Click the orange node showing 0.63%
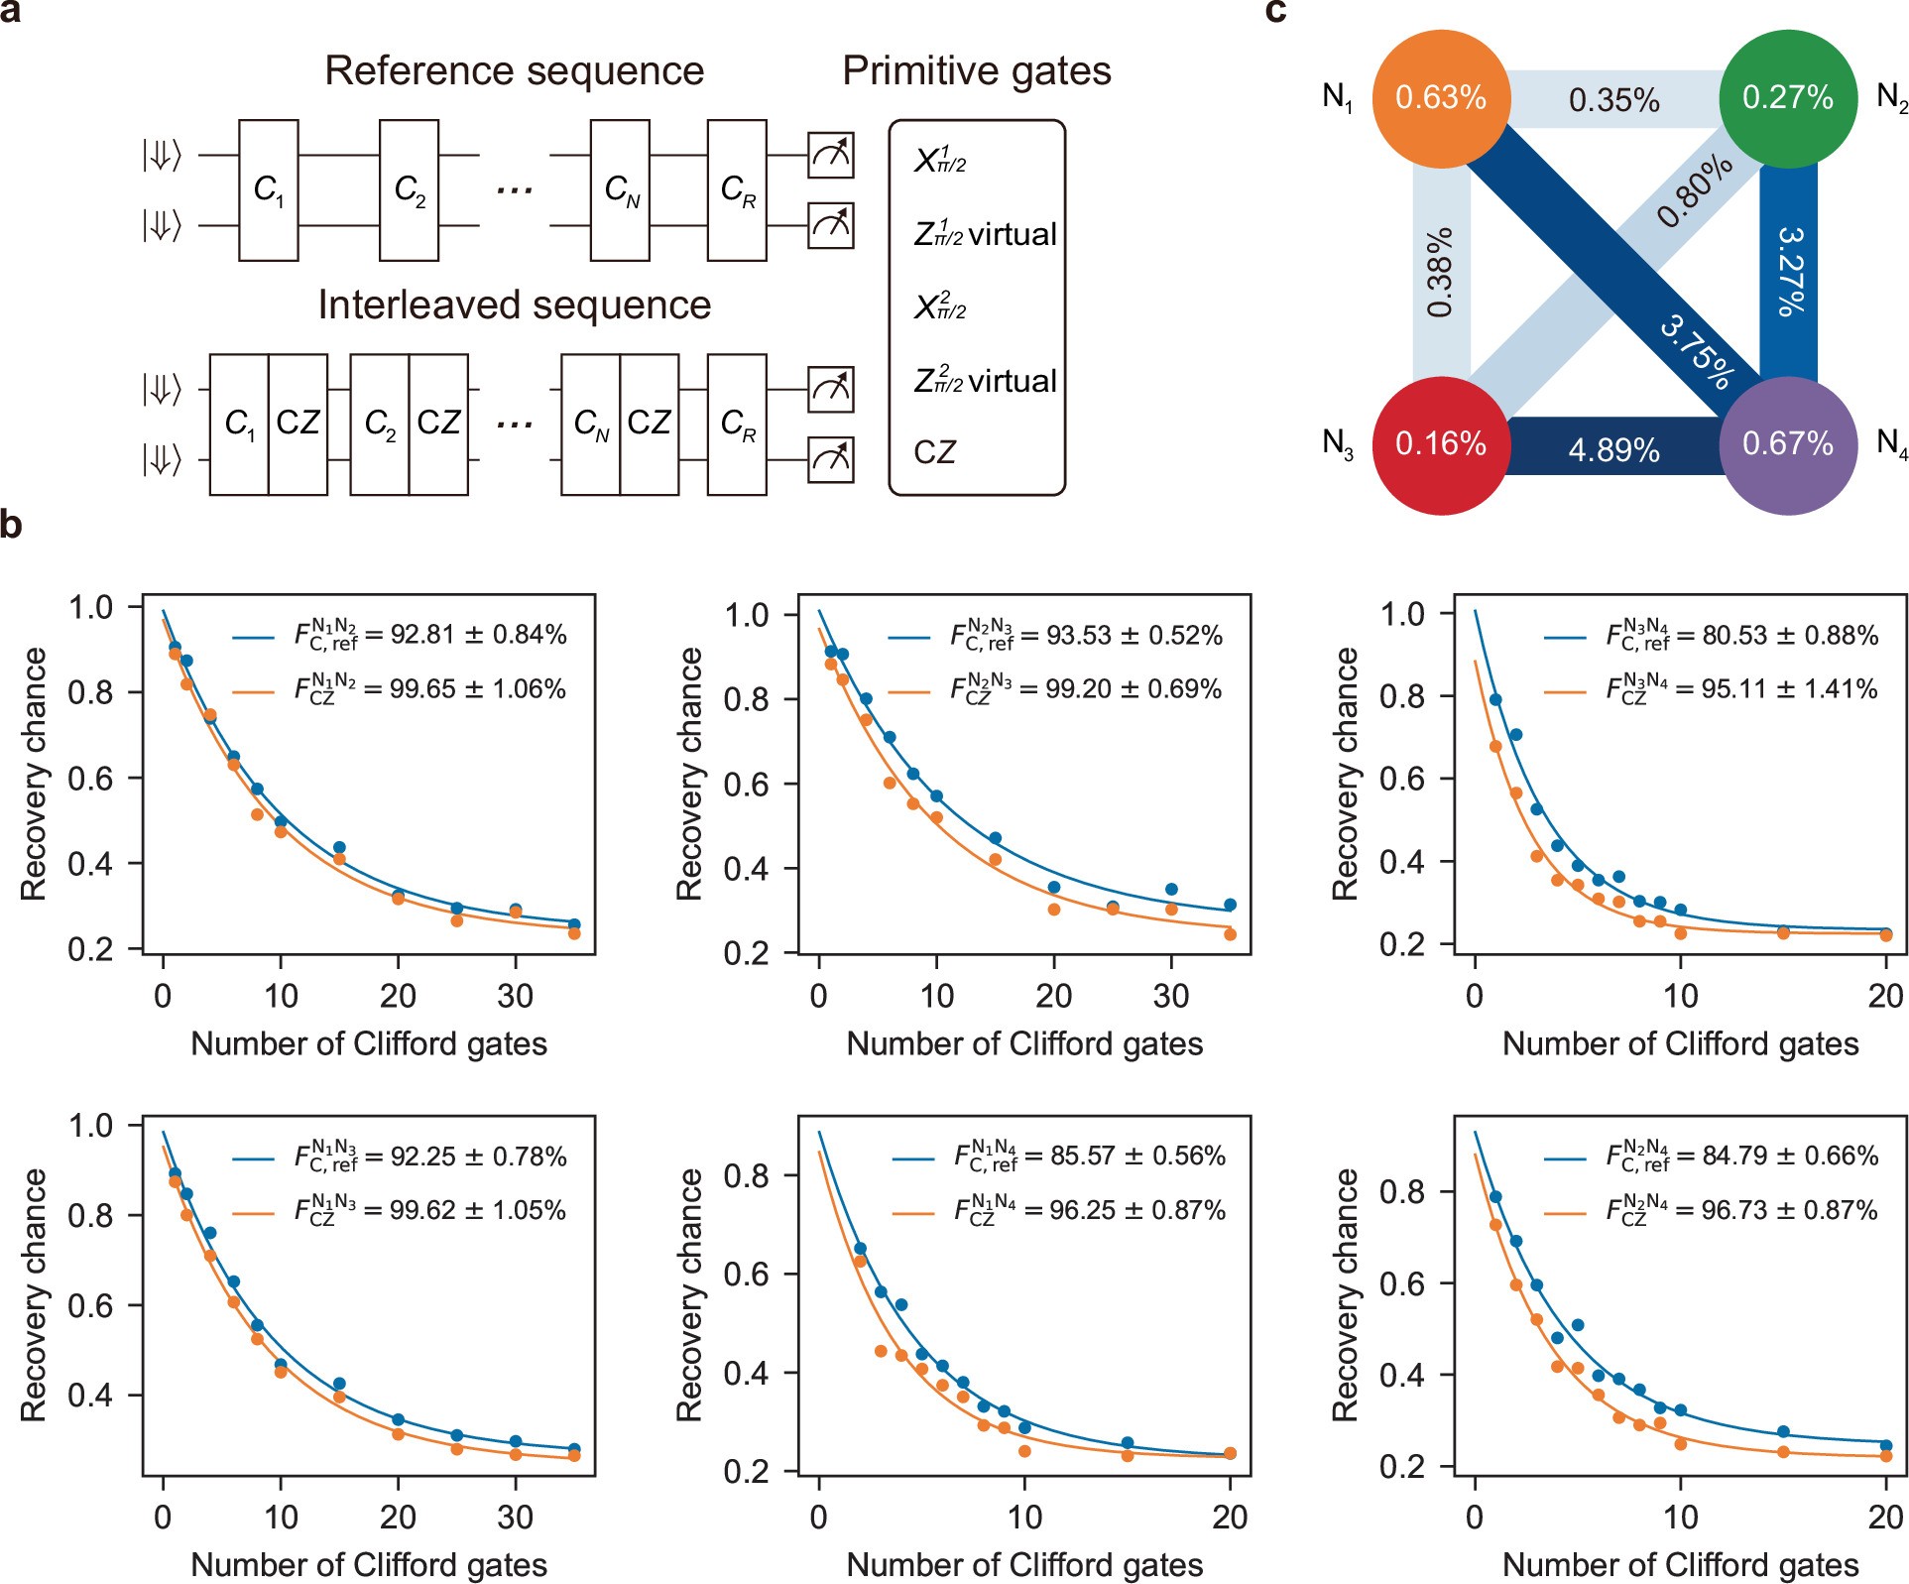pos(1441,98)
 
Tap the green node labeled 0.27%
pos(1787,98)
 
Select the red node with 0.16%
pos(1441,444)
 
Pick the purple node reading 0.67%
pos(1787,444)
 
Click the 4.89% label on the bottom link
pos(1613,451)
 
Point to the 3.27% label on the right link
pos(1790,272)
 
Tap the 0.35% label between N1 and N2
pos(1613,100)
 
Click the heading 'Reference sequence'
pos(514,71)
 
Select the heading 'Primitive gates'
pos(976,71)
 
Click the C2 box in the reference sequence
pos(410,189)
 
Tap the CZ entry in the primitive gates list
pos(934,452)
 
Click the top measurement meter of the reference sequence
pos(831,155)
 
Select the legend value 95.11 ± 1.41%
pos(1789,689)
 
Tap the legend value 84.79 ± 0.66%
pos(1789,1157)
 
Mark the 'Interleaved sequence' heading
pos(514,305)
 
